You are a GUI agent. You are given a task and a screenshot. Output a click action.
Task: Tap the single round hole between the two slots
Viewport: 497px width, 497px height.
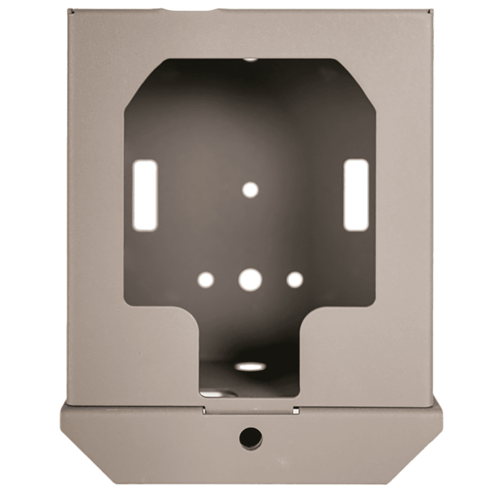(250, 190)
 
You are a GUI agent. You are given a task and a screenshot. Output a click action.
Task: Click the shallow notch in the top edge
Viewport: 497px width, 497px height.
(195, 9)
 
